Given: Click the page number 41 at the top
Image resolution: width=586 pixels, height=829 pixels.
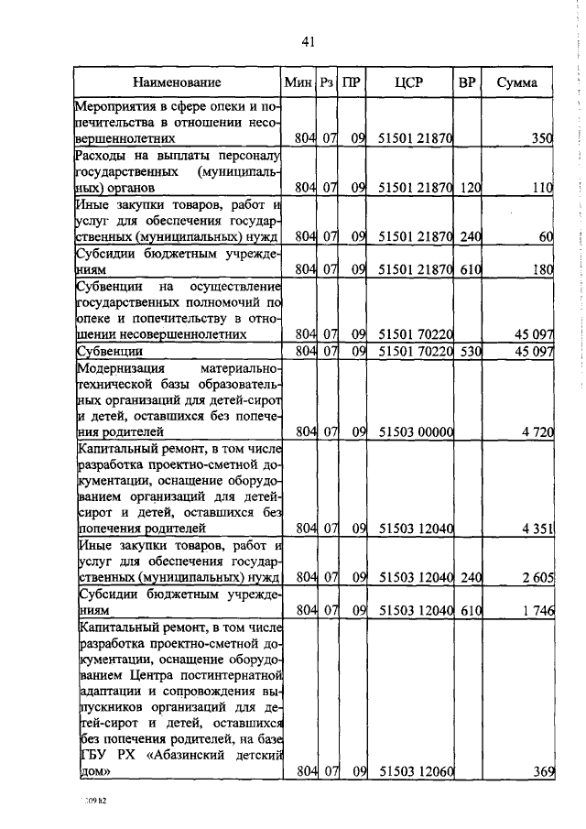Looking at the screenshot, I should tap(308, 42).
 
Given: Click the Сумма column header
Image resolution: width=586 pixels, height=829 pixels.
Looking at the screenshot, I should tap(517, 83).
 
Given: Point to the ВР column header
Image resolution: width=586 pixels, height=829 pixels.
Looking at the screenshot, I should tap(467, 83).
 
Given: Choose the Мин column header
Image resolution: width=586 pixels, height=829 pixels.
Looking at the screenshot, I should tap(299, 83).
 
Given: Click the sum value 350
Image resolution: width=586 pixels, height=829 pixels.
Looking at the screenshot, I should tap(542, 138).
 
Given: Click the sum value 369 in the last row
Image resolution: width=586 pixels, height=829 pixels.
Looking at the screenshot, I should tap(544, 771).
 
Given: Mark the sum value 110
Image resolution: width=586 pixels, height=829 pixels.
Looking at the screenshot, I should tap(542, 188).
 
